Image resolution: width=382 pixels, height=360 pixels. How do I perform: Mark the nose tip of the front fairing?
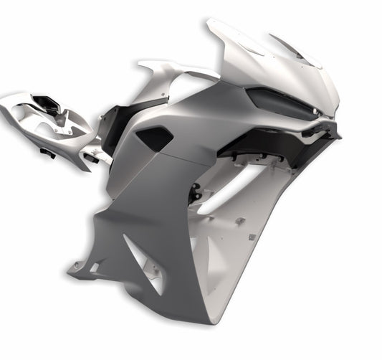(x=333, y=115)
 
